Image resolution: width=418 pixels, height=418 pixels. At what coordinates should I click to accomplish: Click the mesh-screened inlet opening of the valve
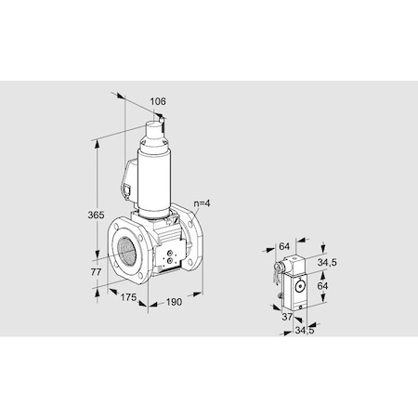[x=123, y=246]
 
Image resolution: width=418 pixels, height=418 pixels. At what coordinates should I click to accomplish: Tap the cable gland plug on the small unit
[x=279, y=270]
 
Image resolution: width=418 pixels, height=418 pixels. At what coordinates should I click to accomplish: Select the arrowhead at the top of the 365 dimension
[x=97, y=143]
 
